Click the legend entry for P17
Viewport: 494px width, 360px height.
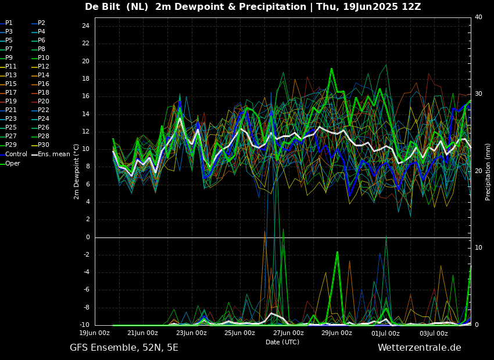[11, 93]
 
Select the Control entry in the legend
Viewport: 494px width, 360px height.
[16, 154]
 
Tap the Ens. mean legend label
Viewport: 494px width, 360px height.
[53, 154]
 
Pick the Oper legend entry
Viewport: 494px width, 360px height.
[13, 163]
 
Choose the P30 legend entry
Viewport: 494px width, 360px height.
[44, 145]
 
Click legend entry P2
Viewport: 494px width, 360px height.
[41, 23]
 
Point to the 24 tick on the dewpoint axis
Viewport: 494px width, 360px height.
[85, 26]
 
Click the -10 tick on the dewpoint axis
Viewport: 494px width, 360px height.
[84, 325]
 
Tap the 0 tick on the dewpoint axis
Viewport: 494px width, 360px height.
[87, 237]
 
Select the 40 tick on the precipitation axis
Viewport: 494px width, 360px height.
[478, 17]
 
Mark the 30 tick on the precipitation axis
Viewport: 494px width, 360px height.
[478, 94]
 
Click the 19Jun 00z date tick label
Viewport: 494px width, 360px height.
[94, 333]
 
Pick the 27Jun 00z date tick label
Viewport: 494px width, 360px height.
[288, 333]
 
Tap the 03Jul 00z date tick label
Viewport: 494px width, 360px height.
[434, 333]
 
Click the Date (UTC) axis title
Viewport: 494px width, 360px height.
[282, 342]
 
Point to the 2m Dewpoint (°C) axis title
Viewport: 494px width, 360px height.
[77, 171]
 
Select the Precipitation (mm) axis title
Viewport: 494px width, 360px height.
[488, 172]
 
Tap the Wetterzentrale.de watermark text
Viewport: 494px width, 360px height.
[419, 348]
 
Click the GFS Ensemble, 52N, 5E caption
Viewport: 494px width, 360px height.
[124, 348]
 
